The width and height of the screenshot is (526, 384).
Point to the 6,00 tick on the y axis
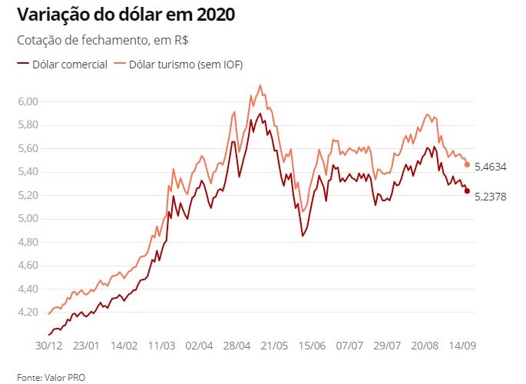click(x=28, y=101)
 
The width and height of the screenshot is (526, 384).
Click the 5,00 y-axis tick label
click(x=28, y=219)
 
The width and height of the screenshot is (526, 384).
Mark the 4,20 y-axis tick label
click(x=28, y=313)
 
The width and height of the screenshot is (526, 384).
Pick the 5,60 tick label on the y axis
click(x=28, y=148)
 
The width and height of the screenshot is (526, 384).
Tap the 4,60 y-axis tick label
click(x=28, y=266)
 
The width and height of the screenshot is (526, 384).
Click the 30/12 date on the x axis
click(x=48, y=346)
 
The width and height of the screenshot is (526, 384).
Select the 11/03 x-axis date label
click(x=162, y=346)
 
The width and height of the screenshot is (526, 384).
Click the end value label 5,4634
click(x=491, y=167)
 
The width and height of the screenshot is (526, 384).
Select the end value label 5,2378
click(x=491, y=197)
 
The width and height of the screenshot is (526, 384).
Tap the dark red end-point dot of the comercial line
click(x=467, y=191)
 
